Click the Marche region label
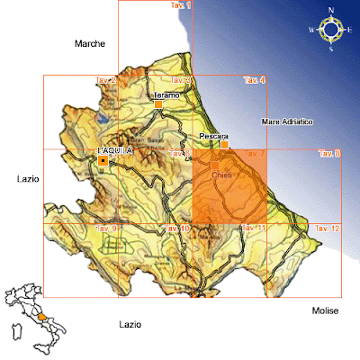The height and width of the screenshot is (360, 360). [x=90, y=43]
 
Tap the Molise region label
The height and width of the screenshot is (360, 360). [x=325, y=310]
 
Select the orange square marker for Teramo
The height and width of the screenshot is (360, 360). [x=158, y=105]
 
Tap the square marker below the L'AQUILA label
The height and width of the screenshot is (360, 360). [x=104, y=161]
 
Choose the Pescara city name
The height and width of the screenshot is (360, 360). [x=213, y=135]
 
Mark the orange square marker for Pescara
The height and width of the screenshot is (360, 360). [x=225, y=144]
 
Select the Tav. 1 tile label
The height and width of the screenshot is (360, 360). [x=182, y=6]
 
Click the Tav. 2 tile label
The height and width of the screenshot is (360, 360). [x=106, y=81]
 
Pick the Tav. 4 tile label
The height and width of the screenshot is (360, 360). [x=255, y=81]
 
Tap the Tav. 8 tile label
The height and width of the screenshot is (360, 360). [x=329, y=154]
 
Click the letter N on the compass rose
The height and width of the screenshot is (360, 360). [x=330, y=10]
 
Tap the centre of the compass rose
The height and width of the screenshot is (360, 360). [x=330, y=30]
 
